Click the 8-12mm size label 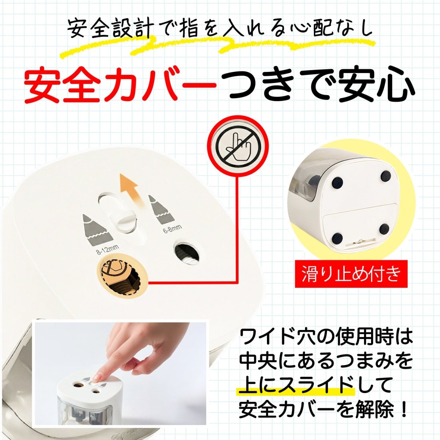pos(107,249)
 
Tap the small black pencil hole pos(187,253)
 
